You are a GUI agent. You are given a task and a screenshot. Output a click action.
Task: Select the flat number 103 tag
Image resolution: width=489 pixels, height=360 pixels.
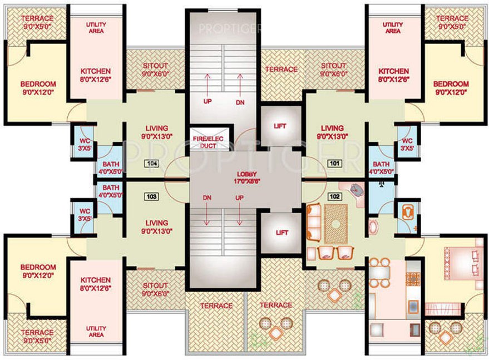pyautogui.click(x=151, y=196)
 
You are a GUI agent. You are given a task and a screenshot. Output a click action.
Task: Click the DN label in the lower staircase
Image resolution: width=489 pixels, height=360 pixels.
pyautogui.click(x=206, y=198)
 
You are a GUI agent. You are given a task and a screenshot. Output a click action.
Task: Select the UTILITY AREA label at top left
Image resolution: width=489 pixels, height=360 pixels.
pyautogui.click(x=96, y=28)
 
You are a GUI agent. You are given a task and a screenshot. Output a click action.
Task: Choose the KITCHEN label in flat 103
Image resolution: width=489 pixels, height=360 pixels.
pyautogui.click(x=96, y=284)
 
